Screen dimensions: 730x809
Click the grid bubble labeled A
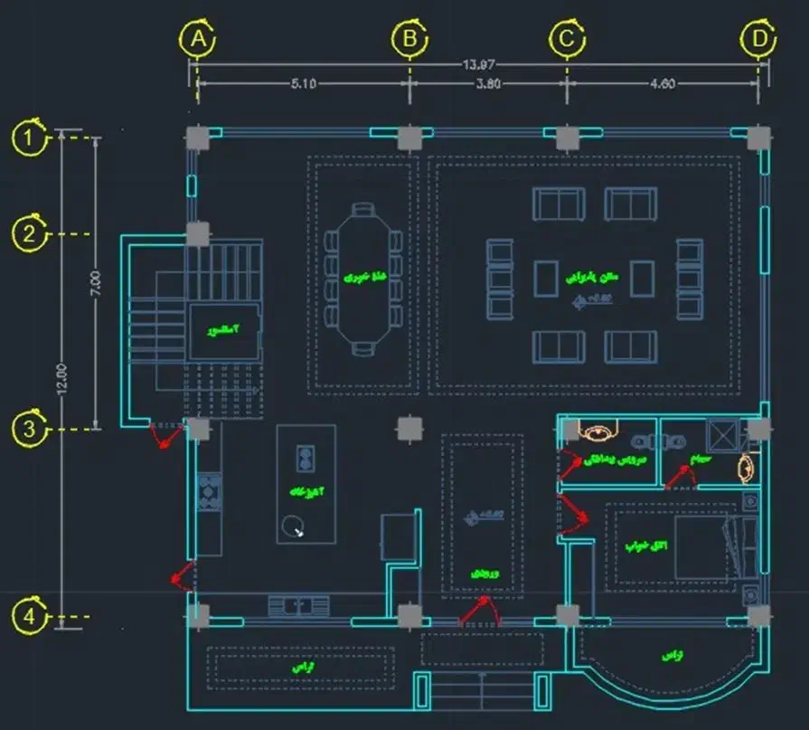198,39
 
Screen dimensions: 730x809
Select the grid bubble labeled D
757,39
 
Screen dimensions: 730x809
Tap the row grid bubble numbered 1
30,137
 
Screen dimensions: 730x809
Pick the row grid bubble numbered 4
30,619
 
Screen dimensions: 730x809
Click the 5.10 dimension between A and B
303,84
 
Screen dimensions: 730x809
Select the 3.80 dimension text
488,84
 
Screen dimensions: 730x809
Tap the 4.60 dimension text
662,84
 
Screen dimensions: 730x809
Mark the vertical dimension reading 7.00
96,283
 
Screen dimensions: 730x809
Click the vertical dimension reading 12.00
61,377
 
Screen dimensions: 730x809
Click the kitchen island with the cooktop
306,484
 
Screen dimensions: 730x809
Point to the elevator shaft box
224,331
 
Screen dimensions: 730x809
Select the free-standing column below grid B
409,428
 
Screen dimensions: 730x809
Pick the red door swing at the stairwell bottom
165,437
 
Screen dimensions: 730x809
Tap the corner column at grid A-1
198,137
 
